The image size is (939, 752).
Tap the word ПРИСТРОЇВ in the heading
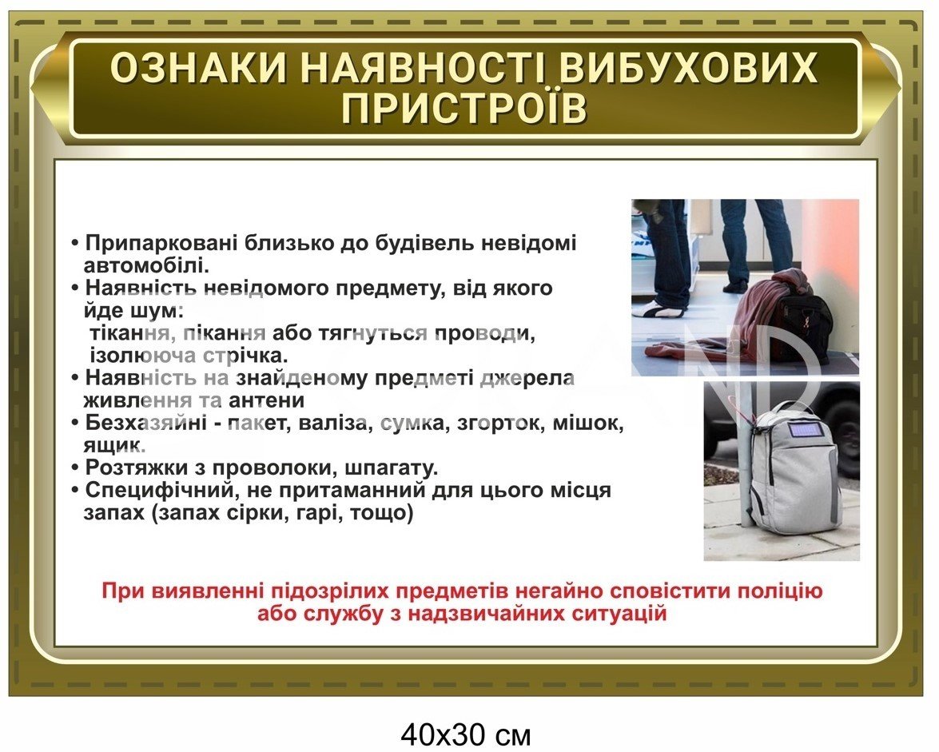point(465,109)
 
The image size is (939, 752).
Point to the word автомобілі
point(146,264)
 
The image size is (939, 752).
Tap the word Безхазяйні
point(149,422)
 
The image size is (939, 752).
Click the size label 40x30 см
point(465,734)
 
